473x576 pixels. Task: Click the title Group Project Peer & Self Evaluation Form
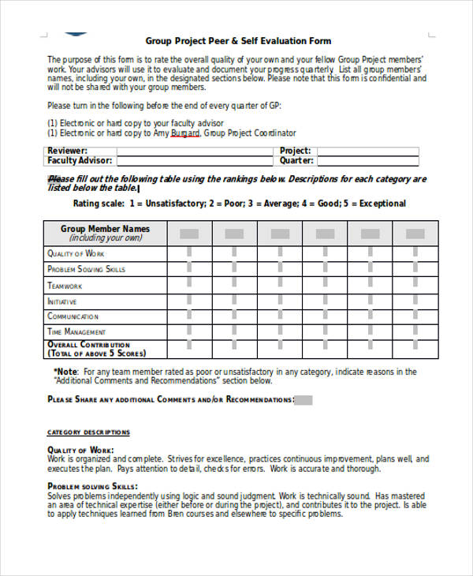click(x=238, y=41)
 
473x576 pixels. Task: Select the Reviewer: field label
click(x=68, y=150)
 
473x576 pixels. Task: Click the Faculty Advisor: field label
click(x=80, y=160)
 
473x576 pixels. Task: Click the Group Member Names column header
click(x=105, y=230)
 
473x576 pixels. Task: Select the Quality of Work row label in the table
click(x=76, y=253)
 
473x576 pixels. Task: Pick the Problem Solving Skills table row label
click(x=86, y=269)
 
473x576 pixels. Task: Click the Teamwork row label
click(x=65, y=286)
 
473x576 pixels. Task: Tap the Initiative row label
click(x=62, y=301)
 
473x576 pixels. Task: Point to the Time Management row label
click(x=76, y=332)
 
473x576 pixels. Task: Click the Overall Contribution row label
click(x=88, y=345)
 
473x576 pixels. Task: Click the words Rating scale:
click(x=99, y=204)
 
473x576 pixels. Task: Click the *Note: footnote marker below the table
click(x=65, y=372)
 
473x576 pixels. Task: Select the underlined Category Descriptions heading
click(x=88, y=432)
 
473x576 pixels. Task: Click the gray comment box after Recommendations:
click(x=304, y=400)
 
